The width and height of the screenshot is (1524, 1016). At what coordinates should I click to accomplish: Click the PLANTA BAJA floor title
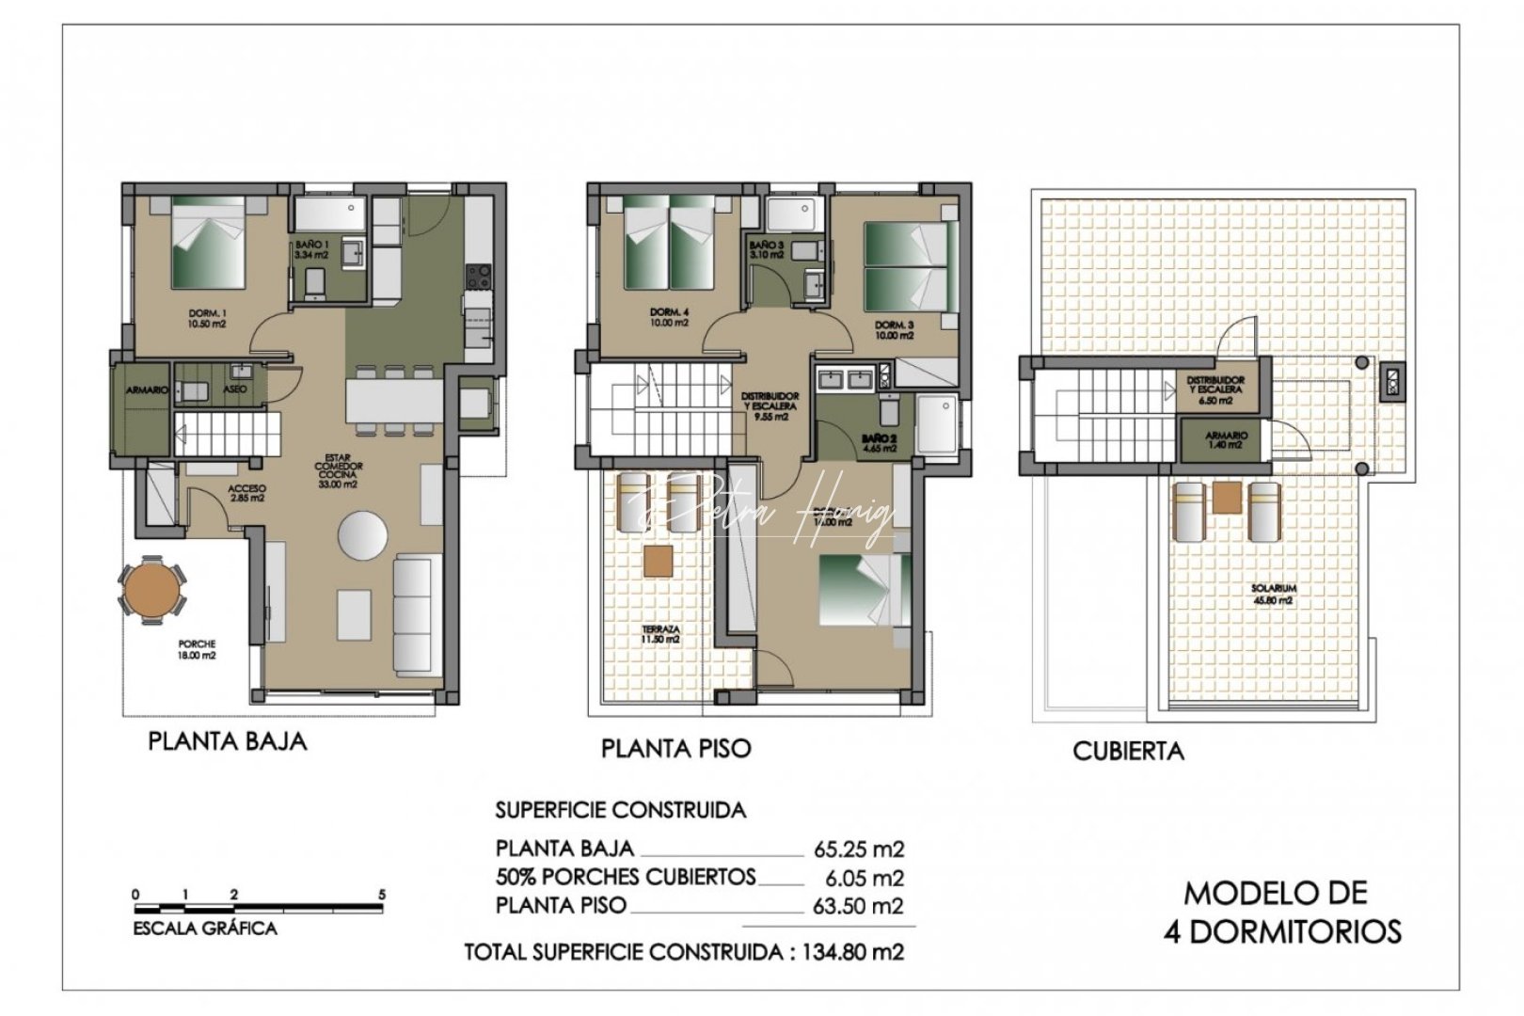(x=228, y=741)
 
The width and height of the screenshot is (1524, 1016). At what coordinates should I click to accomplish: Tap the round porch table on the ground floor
(x=151, y=589)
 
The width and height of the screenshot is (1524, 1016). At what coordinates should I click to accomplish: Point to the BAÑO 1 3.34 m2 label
(x=311, y=249)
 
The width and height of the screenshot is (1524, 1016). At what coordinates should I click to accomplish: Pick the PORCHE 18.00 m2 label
(x=197, y=650)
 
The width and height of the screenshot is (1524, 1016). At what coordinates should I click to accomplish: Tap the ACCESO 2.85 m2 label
(x=246, y=494)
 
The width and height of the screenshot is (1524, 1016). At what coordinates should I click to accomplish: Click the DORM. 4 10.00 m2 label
(x=669, y=318)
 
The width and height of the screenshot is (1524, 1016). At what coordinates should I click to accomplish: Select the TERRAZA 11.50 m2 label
(x=661, y=635)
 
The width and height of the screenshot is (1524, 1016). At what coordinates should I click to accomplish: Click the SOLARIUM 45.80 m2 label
(x=1274, y=594)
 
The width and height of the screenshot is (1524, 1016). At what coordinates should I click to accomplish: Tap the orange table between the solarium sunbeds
(x=1226, y=497)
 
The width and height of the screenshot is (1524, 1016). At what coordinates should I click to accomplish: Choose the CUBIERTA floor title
(x=1128, y=751)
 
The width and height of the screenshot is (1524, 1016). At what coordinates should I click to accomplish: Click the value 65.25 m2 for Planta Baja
(x=858, y=849)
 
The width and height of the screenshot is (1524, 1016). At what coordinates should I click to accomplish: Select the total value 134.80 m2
(x=852, y=952)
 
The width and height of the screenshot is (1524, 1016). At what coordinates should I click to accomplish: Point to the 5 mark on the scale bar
(x=381, y=896)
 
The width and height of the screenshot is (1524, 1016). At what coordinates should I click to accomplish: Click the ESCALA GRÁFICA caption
(x=206, y=929)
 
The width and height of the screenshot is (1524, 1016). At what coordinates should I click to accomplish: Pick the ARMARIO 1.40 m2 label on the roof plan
(x=1227, y=439)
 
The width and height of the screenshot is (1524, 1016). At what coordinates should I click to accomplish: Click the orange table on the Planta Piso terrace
(x=659, y=561)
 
